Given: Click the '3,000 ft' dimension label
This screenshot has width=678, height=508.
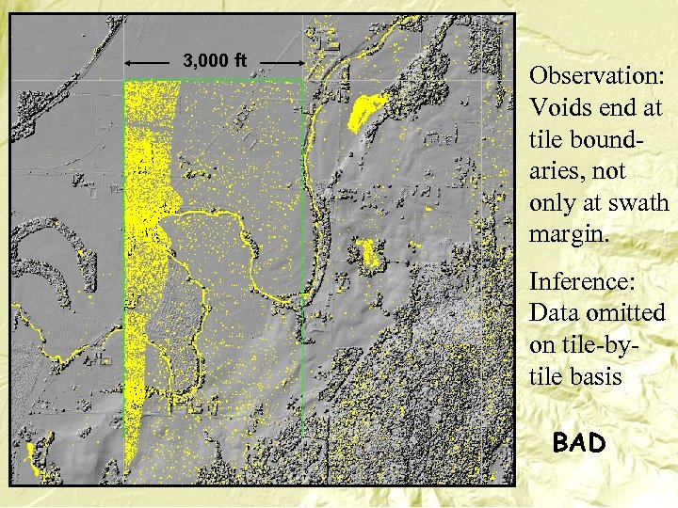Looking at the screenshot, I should pyautogui.click(x=215, y=62).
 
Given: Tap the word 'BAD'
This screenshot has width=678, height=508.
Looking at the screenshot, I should pyautogui.click(x=579, y=442).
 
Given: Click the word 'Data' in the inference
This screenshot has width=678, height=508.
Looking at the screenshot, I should pyautogui.click(x=555, y=311).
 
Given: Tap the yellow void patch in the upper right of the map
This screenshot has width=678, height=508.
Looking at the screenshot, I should pyautogui.click(x=365, y=111).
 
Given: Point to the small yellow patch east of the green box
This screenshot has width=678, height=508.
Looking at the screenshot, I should pyautogui.click(x=366, y=252).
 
